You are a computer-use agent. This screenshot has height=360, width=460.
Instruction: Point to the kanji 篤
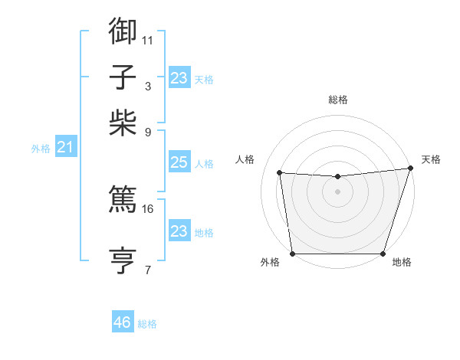coord(123,198)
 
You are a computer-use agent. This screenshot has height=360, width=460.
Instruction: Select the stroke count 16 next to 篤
coord(148,208)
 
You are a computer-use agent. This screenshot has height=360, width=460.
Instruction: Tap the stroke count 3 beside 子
coord(148,86)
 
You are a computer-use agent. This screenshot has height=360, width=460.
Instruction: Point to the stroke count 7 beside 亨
coord(148,270)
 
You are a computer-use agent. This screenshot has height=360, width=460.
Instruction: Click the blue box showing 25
coord(179,163)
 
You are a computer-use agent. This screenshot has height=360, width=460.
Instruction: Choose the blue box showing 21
coord(64,147)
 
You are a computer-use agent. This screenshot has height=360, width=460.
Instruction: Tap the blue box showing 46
coord(123,322)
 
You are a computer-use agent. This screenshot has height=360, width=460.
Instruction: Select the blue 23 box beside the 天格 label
coord(179,77)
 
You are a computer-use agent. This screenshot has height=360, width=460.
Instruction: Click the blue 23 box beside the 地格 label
coord(179,231)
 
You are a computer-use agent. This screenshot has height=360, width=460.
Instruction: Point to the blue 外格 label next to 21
coord(40,149)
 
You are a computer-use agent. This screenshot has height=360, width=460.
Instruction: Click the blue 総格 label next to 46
coord(147,324)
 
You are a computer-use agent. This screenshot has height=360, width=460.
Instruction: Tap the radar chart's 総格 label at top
coord(337,100)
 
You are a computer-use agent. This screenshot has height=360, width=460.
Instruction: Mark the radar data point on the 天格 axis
coord(410,168)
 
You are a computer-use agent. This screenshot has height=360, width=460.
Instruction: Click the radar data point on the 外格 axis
coord(292,254)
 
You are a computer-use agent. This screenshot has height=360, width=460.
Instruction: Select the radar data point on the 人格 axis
coord(279,173)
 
